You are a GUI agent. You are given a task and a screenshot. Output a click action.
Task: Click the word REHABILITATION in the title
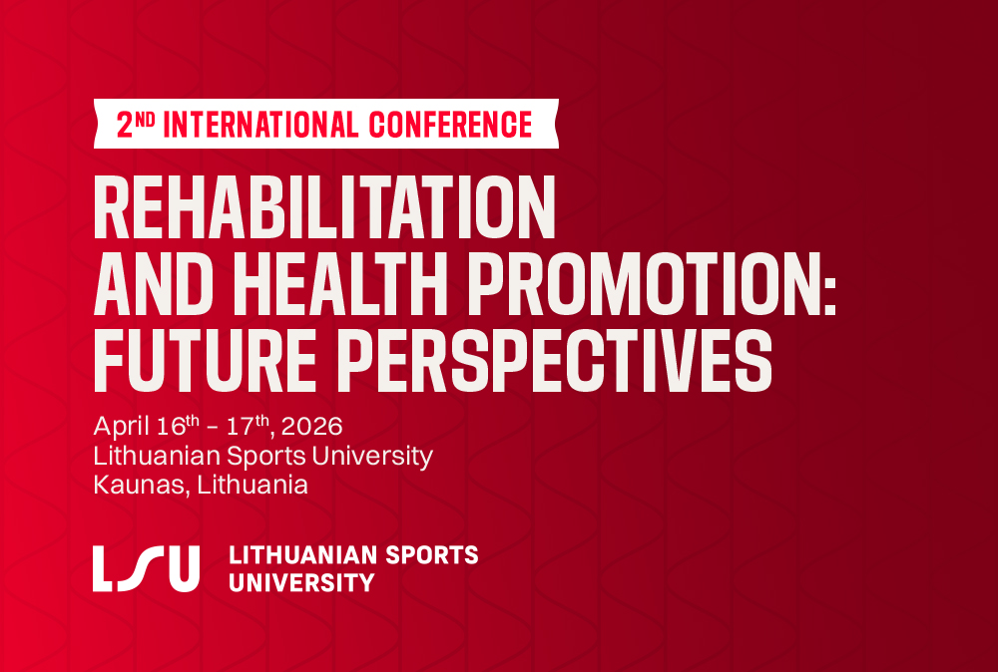click(x=324, y=206)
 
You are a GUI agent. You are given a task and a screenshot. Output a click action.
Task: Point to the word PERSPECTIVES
click(x=554, y=360)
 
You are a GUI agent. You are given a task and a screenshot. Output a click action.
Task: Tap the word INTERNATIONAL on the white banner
click(x=260, y=125)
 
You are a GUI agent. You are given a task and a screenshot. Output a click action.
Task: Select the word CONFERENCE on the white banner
click(x=451, y=125)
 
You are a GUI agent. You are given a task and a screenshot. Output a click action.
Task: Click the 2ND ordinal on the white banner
click(x=136, y=125)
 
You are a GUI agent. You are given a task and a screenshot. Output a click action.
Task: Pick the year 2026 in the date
click(x=311, y=426)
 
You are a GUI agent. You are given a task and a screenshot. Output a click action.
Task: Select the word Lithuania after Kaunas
click(x=252, y=486)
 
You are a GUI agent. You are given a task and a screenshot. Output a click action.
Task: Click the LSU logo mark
click(x=146, y=568)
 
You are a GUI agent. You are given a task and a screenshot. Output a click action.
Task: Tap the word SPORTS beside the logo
click(x=432, y=555)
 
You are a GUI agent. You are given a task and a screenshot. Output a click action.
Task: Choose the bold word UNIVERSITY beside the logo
click(x=301, y=582)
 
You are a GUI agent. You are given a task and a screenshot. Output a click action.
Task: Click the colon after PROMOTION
click(x=829, y=293)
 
